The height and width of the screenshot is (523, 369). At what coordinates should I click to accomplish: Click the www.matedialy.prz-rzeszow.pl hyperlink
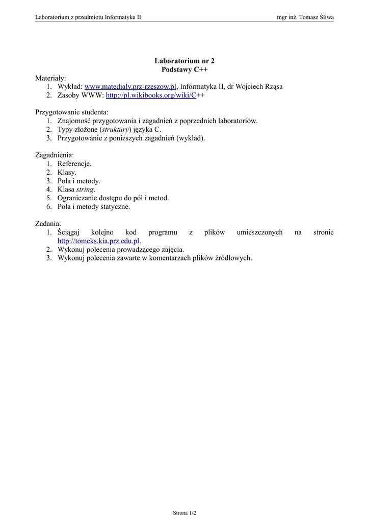[130, 87]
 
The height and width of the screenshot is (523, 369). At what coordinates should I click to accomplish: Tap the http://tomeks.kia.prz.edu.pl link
[98, 241]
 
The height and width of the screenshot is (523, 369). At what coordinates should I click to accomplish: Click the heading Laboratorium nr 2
[184, 61]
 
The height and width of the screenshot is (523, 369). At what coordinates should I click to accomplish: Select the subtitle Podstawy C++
[184, 69]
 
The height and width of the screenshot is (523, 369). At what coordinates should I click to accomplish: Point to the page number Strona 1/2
[184, 512]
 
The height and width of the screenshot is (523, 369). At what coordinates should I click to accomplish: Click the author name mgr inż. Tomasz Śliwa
[305, 17]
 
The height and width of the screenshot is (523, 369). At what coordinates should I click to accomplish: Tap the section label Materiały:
[50, 78]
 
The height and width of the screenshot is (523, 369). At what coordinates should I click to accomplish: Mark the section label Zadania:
[48, 224]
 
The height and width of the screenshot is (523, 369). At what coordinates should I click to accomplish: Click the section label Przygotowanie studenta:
[72, 112]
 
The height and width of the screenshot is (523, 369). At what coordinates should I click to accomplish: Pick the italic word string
[85, 189]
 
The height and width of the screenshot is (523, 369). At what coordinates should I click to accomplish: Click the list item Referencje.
[74, 164]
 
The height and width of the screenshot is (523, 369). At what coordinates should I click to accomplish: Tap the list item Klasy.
[67, 173]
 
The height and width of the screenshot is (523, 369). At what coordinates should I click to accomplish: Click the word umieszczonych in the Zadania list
[259, 232]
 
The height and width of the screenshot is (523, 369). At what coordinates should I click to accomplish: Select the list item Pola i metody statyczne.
[94, 207]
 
